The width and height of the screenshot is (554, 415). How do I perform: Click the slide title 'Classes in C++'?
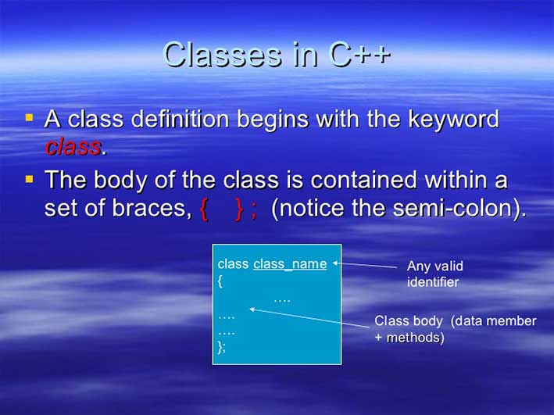point(277,54)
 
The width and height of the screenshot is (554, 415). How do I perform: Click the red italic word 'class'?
point(73,146)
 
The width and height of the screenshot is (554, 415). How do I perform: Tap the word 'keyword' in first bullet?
point(453,120)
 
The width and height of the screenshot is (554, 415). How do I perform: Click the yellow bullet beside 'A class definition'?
point(30,119)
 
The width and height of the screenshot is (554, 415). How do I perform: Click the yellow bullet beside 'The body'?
point(30,179)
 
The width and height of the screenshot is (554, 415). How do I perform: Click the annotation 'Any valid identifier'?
point(434,274)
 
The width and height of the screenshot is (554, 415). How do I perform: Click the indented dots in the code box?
point(282,299)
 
